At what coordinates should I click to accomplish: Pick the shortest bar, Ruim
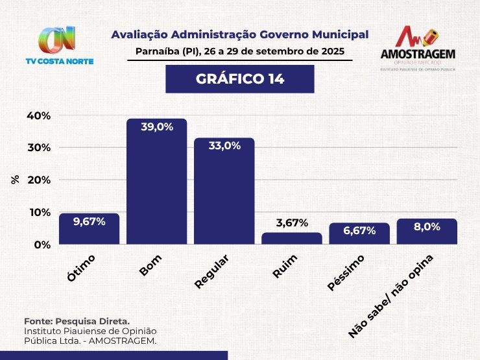[291, 239]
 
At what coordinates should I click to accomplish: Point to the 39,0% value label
[156, 127]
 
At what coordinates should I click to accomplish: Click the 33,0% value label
[224, 146]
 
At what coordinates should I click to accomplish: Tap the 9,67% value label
[89, 221]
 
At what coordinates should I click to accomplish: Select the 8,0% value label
[426, 227]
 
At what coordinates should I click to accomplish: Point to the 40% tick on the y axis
[38, 115]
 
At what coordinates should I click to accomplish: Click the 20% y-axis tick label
[38, 180]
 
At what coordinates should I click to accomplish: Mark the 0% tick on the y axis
[42, 245]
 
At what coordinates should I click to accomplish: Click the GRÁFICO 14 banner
[239, 79]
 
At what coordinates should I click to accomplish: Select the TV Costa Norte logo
[67, 45]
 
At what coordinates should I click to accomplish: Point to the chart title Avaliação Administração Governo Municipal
[239, 34]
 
